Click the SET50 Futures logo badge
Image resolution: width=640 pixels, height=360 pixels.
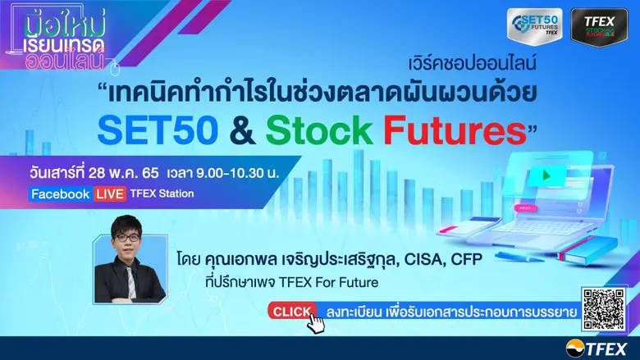[534, 27]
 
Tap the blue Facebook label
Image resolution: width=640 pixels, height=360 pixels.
[60, 194]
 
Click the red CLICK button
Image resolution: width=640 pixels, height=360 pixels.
[291, 311]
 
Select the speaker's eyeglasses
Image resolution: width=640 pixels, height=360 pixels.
[129, 260]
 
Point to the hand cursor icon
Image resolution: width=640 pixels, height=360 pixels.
[316, 322]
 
